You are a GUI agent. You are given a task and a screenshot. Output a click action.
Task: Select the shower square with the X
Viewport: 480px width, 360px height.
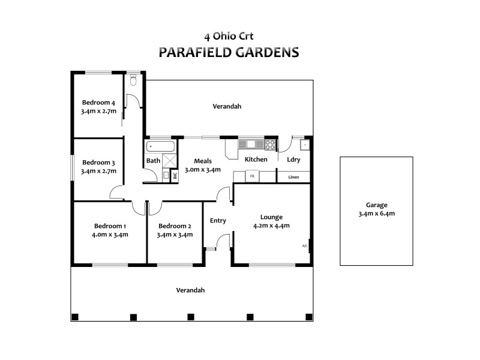pyautogui.click(x=170, y=161)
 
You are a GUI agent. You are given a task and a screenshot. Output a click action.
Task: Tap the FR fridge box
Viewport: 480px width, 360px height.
pyautogui.click(x=253, y=176)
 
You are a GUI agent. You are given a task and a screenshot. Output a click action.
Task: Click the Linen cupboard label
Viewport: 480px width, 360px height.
pyautogui.click(x=293, y=177)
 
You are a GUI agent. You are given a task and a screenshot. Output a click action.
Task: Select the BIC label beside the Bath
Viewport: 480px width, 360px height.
pyautogui.click(x=175, y=176)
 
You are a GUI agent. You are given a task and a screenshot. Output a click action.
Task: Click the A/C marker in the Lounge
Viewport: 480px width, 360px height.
pyautogui.click(x=304, y=246)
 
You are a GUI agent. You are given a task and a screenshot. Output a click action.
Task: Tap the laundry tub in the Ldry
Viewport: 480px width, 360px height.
pyautogui.click(x=304, y=145)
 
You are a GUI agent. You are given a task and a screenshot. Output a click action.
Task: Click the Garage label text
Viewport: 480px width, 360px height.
pyautogui.click(x=376, y=204)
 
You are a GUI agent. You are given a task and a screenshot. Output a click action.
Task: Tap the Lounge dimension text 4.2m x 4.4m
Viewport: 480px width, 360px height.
pyautogui.click(x=271, y=226)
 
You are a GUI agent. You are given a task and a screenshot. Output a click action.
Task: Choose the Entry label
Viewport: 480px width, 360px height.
pyautogui.click(x=218, y=220)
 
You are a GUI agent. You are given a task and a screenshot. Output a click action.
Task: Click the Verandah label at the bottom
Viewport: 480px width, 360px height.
pyautogui.click(x=190, y=290)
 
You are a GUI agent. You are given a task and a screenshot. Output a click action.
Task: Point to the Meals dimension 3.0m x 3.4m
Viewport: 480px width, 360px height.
pyautogui.click(x=202, y=169)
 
